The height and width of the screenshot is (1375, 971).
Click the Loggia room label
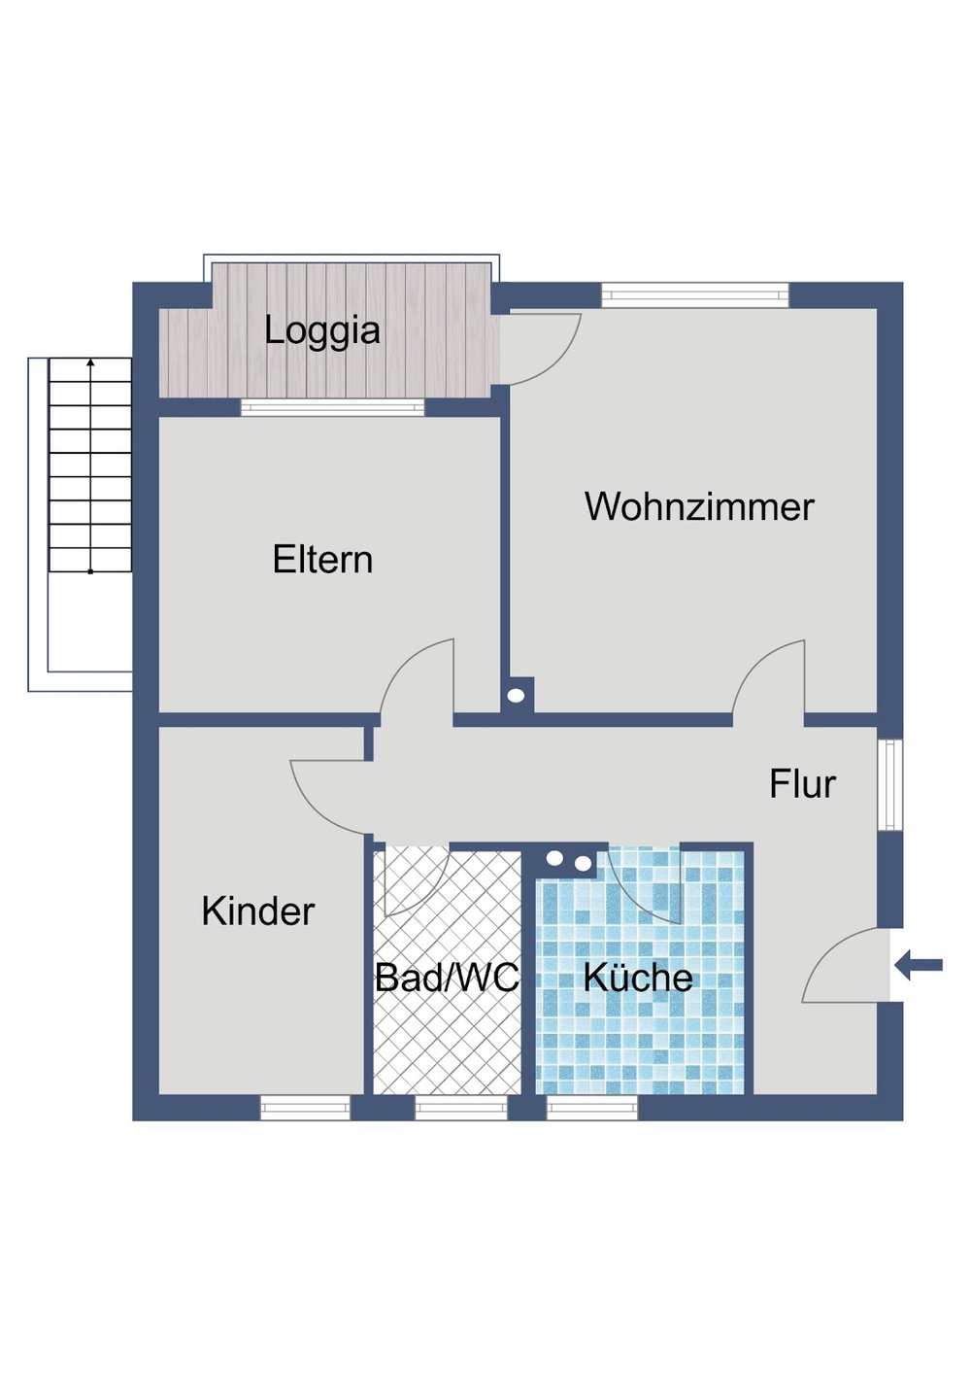[321, 330]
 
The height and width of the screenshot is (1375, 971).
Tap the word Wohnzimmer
[699, 507]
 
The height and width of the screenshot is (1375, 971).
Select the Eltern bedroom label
[322, 560]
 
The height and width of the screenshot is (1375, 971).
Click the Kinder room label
[257, 911]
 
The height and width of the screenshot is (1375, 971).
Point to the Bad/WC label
[447, 978]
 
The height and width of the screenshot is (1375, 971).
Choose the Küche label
[638, 978]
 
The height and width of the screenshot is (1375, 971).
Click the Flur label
[802, 784]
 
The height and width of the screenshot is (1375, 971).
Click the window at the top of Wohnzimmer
[695, 294]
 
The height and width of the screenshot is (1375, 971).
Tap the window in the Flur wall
[890, 784]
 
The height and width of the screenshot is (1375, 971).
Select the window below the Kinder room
[305, 1108]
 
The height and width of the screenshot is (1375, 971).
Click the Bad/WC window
[461, 1108]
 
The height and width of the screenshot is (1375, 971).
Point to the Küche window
[592, 1108]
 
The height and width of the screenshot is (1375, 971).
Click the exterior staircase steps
[90, 464]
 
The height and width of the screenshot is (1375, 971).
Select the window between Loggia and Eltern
[332, 407]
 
